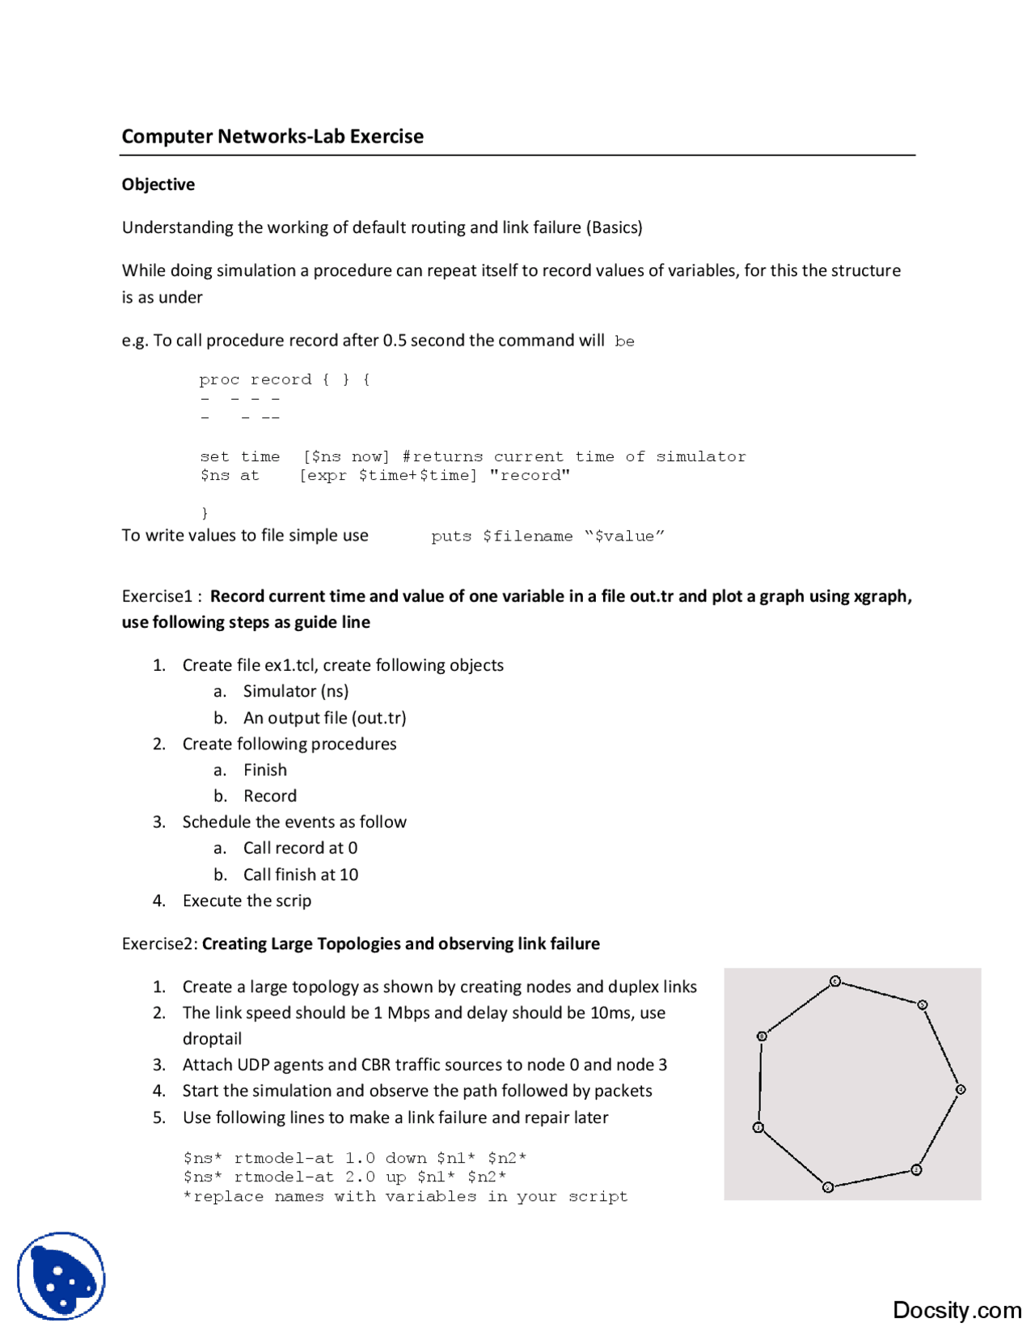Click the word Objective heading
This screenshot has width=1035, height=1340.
(158, 184)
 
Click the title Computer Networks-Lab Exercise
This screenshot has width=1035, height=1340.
(272, 136)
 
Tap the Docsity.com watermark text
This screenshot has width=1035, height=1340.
(957, 1310)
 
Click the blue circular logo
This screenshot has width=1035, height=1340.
(61, 1276)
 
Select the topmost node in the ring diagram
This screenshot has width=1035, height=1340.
(835, 982)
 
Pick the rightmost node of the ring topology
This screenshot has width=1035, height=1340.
(961, 1089)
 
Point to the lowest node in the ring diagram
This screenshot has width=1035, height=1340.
(827, 1187)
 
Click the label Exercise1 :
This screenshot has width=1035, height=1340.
(162, 596)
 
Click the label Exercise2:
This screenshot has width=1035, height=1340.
(159, 944)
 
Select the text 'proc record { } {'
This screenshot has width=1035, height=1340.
(285, 380)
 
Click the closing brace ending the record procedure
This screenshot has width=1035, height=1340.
(205, 513)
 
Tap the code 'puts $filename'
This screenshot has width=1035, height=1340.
(501, 536)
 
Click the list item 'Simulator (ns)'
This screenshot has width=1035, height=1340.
(296, 691)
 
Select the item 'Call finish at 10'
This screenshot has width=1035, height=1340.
(300, 875)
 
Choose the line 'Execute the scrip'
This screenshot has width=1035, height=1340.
(247, 901)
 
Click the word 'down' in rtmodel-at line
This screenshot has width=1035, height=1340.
(405, 1158)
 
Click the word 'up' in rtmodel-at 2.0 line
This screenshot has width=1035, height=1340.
(395, 1177)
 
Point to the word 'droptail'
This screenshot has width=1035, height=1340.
(212, 1039)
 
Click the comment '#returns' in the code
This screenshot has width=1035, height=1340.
(442, 456)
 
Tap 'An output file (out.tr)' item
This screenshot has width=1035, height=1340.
(324, 718)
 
